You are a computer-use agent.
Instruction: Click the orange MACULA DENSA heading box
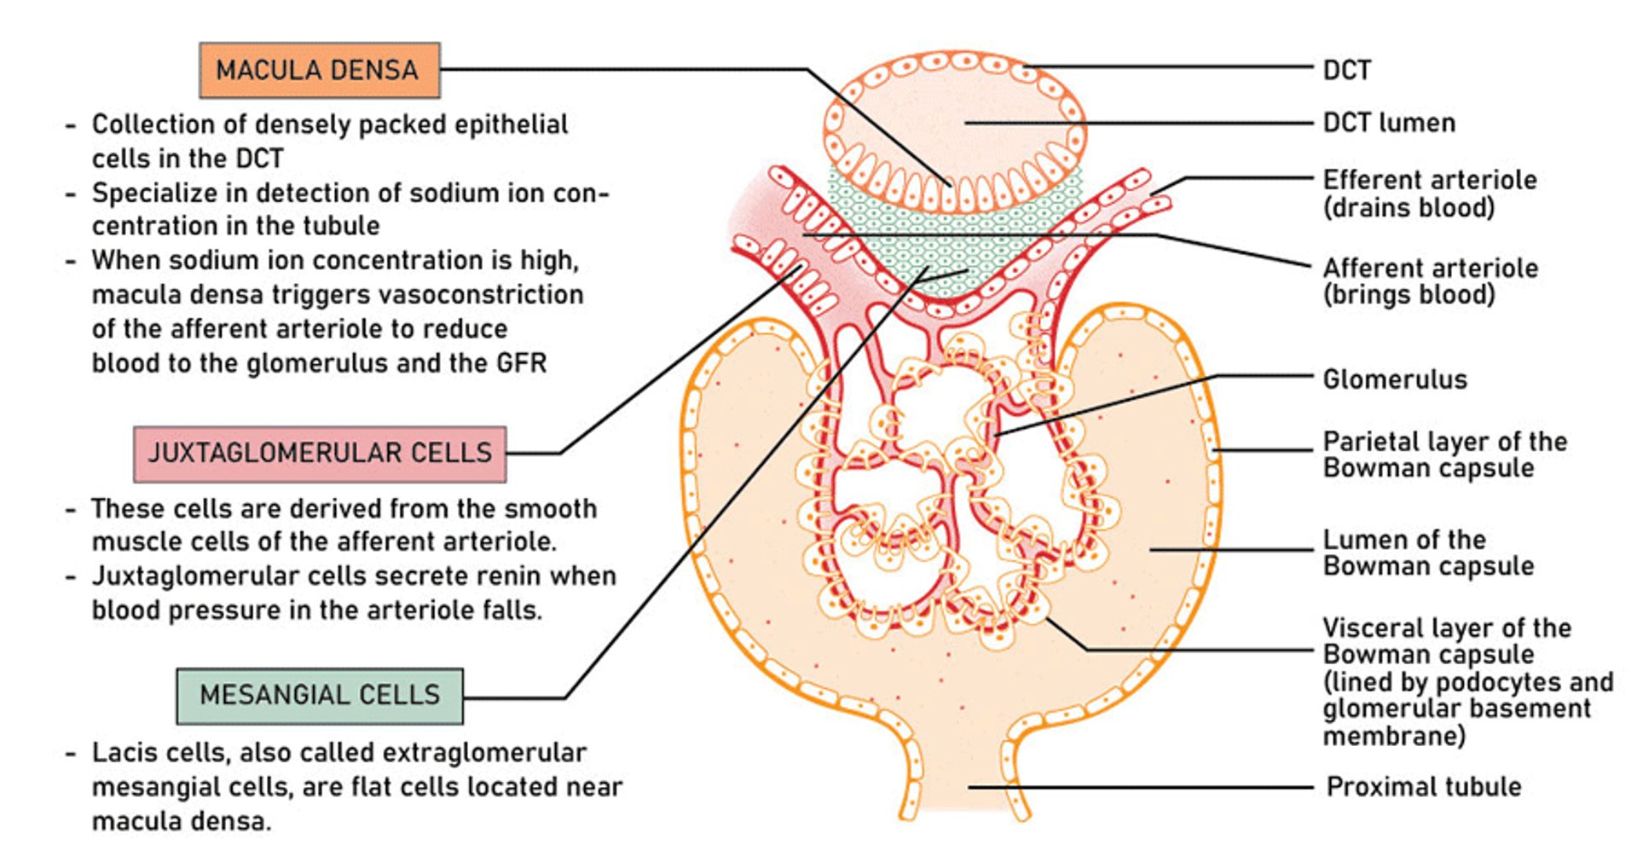(x=319, y=70)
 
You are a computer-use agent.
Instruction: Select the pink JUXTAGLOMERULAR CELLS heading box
(x=320, y=453)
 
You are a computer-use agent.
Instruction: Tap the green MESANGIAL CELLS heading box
(x=320, y=695)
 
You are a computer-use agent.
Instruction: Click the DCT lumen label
(x=1388, y=123)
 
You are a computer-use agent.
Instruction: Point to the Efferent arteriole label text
(x=1429, y=180)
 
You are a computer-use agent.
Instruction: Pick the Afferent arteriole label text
(x=1430, y=268)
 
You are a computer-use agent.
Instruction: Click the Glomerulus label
(x=1394, y=379)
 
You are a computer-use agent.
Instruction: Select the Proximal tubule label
(x=1423, y=786)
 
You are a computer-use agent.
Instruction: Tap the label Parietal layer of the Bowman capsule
(x=1443, y=454)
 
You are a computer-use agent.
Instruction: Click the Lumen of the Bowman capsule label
(x=1428, y=552)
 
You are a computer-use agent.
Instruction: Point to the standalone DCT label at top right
(x=1346, y=70)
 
